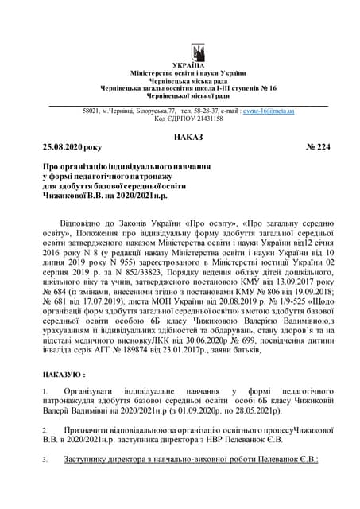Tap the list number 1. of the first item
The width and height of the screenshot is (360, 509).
point(45,392)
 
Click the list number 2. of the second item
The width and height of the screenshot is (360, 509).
point(45,429)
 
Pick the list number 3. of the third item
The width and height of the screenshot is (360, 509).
point(45,459)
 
